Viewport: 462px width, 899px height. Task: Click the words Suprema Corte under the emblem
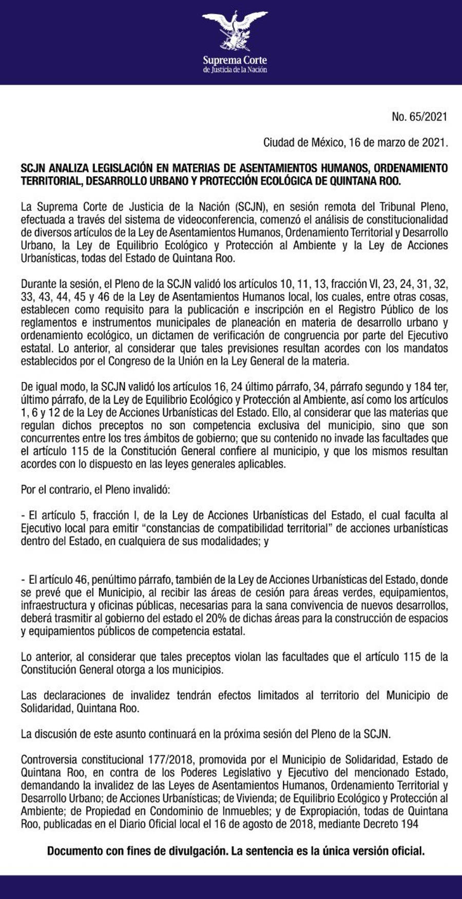coord(235,60)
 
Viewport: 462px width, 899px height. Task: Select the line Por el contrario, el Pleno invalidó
coord(95,489)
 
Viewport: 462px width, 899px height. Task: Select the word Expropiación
coord(329,811)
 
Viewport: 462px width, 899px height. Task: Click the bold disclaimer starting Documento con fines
coord(236,851)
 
